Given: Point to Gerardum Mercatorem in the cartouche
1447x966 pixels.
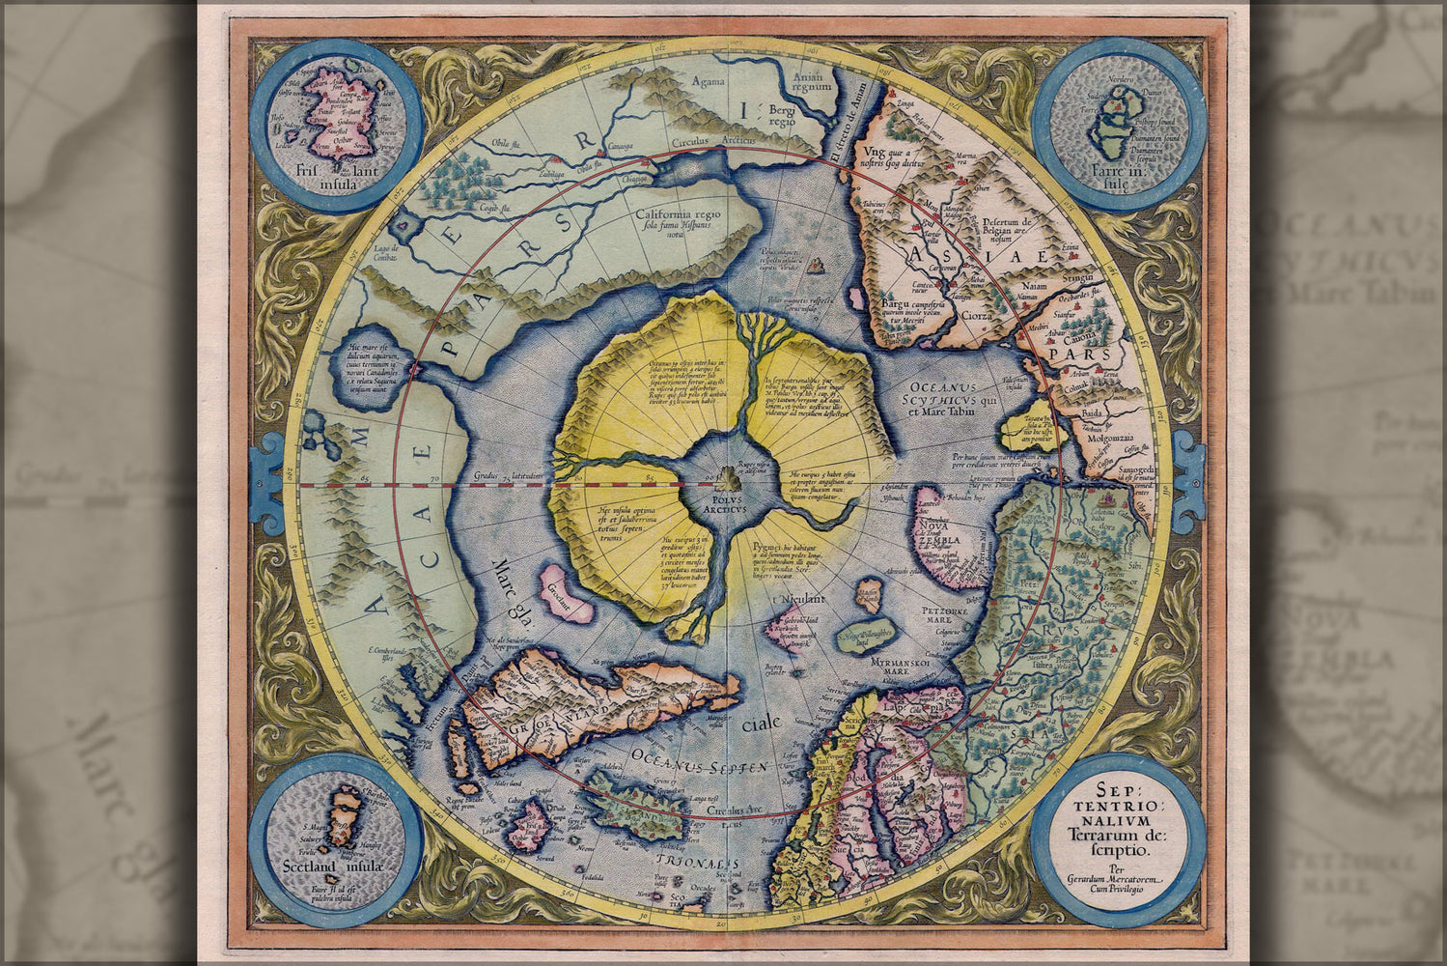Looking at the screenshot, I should (x=1120, y=878).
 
